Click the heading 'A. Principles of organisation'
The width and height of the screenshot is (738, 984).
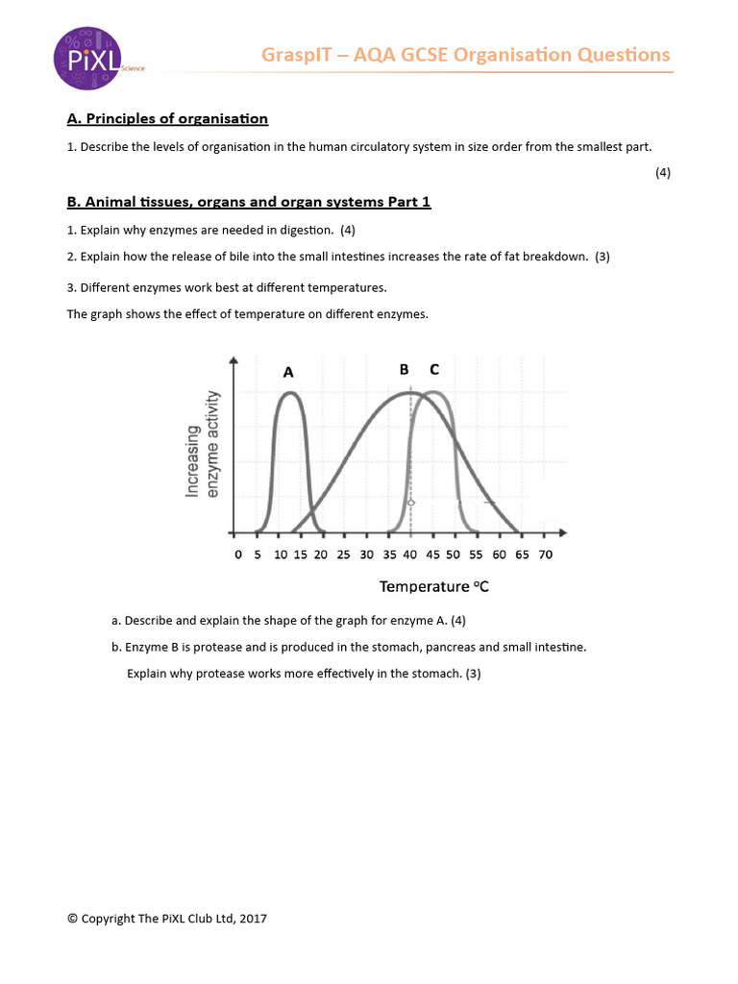[167, 118]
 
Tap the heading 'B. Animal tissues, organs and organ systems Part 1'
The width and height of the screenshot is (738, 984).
[249, 202]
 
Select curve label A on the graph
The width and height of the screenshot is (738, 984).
[288, 372]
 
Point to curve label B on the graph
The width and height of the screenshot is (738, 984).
[404, 369]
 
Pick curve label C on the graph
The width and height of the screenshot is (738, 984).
[434, 369]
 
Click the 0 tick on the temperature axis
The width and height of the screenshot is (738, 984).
[238, 554]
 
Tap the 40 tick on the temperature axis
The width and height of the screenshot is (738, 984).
[410, 554]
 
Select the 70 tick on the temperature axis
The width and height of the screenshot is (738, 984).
[545, 554]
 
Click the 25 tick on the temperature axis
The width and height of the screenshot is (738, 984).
[344, 554]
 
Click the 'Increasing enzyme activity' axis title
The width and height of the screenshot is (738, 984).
[203, 445]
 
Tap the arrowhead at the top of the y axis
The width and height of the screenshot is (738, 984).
[234, 358]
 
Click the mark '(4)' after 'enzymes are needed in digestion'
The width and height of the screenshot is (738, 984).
[348, 230]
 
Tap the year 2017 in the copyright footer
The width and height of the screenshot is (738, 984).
[253, 919]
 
